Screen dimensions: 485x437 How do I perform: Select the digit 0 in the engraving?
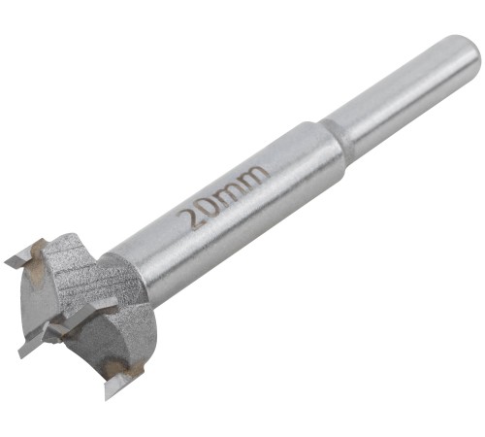pyautogui.click(x=210, y=206)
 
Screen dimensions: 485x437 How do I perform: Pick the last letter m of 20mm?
pyautogui.click(x=254, y=178)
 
